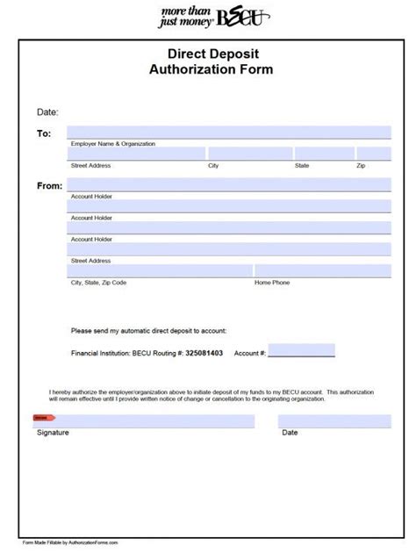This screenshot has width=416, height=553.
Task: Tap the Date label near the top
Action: pyautogui.click(x=47, y=112)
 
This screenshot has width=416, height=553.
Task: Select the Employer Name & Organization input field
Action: pyautogui.click(x=230, y=133)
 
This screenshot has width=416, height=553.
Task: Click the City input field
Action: pyautogui.click(x=249, y=154)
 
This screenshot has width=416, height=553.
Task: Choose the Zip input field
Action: pyautogui.click(x=373, y=154)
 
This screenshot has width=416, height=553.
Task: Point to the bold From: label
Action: pyautogui.click(x=49, y=186)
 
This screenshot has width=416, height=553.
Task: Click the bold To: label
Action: pyautogui.click(x=45, y=133)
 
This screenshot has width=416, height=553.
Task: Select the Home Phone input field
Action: pyautogui.click(x=322, y=271)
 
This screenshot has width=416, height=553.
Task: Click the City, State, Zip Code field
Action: pyautogui.click(x=161, y=271)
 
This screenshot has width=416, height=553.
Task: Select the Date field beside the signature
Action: pyautogui.click(x=334, y=421)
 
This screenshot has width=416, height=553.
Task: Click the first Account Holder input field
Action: pyautogui.click(x=230, y=185)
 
